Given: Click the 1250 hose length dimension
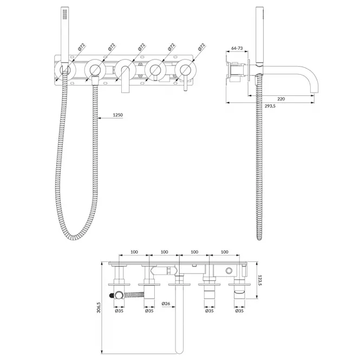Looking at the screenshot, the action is pyautogui.click(x=118, y=115).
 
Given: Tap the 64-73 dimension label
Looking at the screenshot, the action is pyautogui.click(x=237, y=48).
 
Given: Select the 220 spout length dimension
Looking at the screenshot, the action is pyautogui.click(x=281, y=99).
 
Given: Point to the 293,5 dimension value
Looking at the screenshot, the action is pyautogui.click(x=270, y=106).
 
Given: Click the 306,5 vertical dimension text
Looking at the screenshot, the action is pyautogui.click(x=99, y=307).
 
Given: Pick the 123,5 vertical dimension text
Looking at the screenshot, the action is pyautogui.click(x=260, y=280).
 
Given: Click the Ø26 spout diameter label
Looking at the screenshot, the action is pyautogui.click(x=166, y=304).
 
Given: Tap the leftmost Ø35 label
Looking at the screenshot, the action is pyautogui.click(x=119, y=311).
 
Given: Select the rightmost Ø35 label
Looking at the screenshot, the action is pyautogui.click(x=239, y=311).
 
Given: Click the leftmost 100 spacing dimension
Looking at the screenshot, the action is pyautogui.click(x=134, y=252).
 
